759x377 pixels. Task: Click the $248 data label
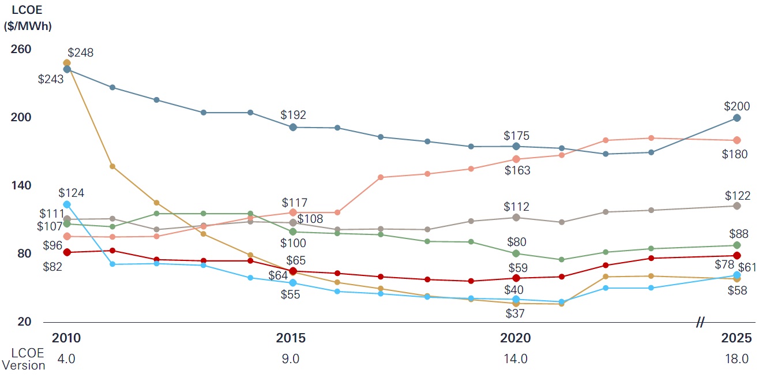(x=81, y=53)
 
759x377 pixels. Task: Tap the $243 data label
(x=51, y=80)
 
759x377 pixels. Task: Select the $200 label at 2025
(x=737, y=106)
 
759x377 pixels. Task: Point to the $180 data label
(x=735, y=154)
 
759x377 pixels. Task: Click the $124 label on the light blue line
(x=71, y=193)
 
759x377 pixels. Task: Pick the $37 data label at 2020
(x=514, y=313)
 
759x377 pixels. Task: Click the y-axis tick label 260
(x=21, y=50)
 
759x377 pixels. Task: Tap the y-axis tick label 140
(x=21, y=186)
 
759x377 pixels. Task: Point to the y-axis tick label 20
(x=24, y=322)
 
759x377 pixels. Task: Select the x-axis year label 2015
(x=291, y=338)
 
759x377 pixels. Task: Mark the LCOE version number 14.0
(x=516, y=359)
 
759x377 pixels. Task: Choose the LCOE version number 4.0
(x=66, y=359)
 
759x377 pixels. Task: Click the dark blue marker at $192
(x=293, y=127)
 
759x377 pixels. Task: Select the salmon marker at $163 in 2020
(x=516, y=159)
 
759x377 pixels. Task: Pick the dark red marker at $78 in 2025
(x=737, y=256)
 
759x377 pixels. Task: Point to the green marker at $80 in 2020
(x=516, y=253)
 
